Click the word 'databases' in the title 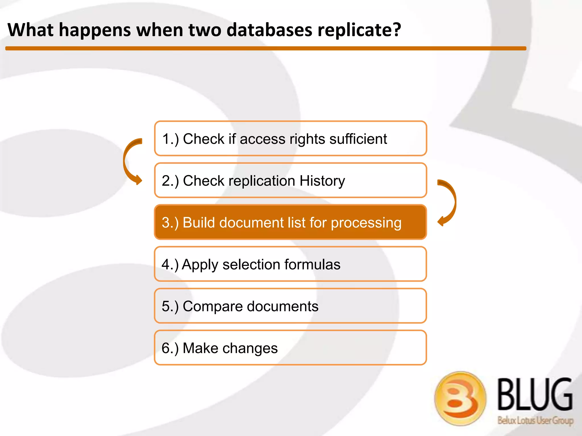click(269, 30)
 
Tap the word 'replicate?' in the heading click(359, 30)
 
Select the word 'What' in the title click(30, 30)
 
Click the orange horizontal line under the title click(266, 49)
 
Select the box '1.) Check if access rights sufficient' click(290, 139)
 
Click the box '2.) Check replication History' click(290, 180)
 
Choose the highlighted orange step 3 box click(290, 222)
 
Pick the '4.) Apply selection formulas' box click(290, 264)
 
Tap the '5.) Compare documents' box click(290, 306)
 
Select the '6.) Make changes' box click(290, 347)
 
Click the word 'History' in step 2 click(322, 181)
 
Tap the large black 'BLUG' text click(535, 395)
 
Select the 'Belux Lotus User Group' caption click(535, 420)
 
